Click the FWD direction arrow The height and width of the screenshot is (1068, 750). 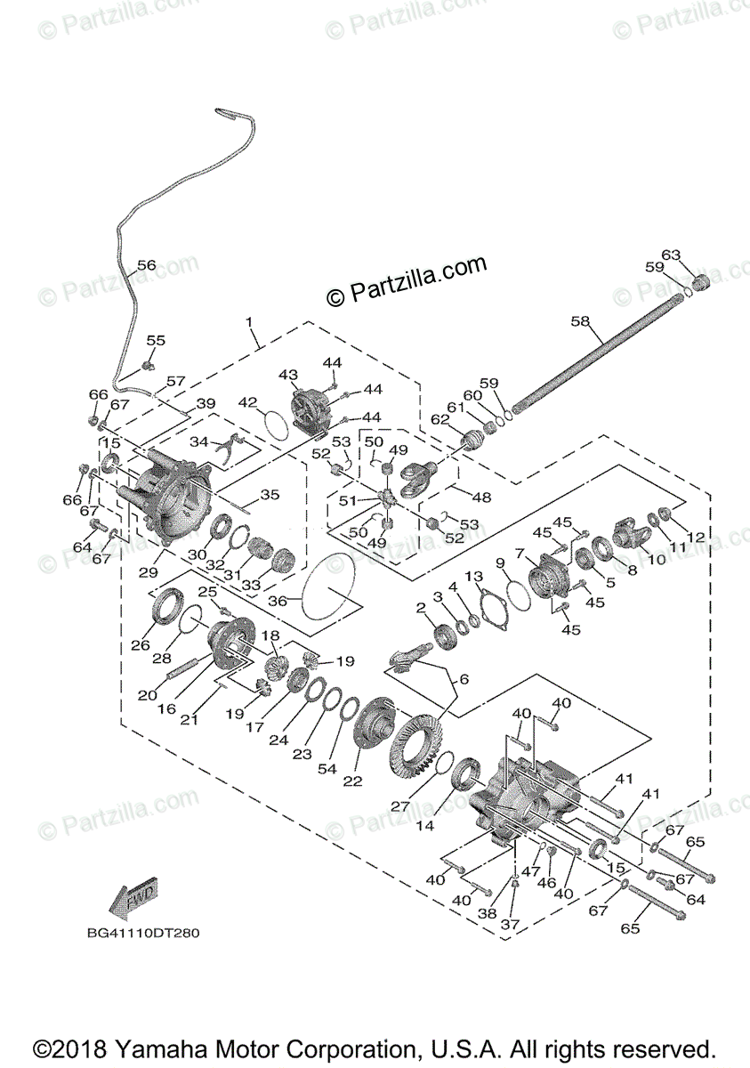click(x=133, y=900)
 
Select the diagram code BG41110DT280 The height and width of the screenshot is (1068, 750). click(x=143, y=934)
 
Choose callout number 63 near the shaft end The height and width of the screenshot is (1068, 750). click(x=670, y=256)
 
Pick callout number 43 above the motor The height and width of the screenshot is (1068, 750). click(x=287, y=374)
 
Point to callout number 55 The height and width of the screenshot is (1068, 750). click(x=156, y=341)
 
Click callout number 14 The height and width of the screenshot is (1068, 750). click(x=426, y=825)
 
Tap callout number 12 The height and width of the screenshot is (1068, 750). click(x=696, y=537)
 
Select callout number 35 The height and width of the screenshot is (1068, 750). click(x=269, y=495)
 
